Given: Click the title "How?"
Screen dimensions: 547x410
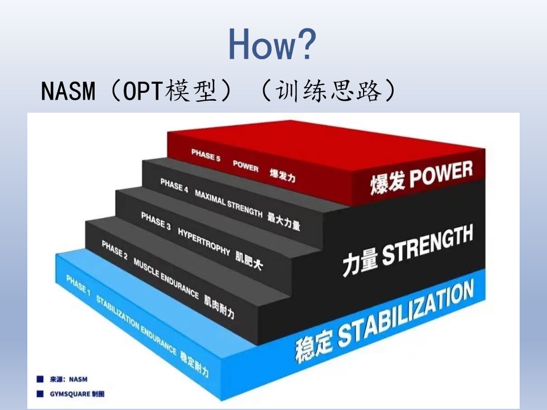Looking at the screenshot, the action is [x=272, y=44].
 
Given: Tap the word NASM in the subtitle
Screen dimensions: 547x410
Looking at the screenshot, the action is [x=68, y=91].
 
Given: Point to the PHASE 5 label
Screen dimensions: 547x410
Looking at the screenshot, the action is [x=206, y=155].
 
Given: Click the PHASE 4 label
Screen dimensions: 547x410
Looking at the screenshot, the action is [x=174, y=185].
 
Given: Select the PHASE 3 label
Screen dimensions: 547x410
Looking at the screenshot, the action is [x=156, y=221].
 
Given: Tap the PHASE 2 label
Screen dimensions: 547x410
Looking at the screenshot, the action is [x=115, y=249].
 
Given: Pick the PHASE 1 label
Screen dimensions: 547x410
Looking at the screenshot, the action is [x=78, y=285].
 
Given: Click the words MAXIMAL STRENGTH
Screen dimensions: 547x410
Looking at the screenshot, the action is [x=228, y=204].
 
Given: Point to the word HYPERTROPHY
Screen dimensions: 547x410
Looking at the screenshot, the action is [x=204, y=241].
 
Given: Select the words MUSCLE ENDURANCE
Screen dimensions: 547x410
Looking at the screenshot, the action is [x=166, y=278].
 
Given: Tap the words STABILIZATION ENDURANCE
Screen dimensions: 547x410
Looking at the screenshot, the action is [x=136, y=325].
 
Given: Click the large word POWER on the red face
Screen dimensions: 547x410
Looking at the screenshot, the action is [x=441, y=173].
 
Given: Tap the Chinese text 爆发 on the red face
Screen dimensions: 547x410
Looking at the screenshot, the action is [x=388, y=183].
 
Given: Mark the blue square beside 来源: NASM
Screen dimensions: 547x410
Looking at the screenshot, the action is [x=40, y=379].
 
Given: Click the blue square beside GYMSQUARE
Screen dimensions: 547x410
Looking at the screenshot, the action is [x=40, y=393].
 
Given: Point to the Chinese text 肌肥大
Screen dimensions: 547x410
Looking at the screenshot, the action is [x=249, y=260].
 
